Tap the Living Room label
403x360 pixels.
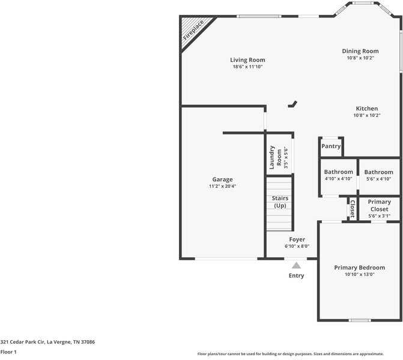247,60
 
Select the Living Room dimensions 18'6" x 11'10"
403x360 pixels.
247,67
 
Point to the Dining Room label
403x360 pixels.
360,52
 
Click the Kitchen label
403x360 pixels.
366,109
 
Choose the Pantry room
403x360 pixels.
331,146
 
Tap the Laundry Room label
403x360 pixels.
275,157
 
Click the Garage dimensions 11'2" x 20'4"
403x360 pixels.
222,187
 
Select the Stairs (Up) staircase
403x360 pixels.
280,203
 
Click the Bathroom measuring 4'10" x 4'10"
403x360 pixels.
339,175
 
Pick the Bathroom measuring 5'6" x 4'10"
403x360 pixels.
378,175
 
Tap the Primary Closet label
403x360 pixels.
379,206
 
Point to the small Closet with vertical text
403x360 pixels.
353,209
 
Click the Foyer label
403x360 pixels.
297,239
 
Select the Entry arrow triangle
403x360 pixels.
296,265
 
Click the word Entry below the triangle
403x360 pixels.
296,276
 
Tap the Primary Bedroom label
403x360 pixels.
360,268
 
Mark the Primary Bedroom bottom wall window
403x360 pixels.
360,320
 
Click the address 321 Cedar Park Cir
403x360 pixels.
47,342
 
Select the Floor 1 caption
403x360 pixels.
8,352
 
